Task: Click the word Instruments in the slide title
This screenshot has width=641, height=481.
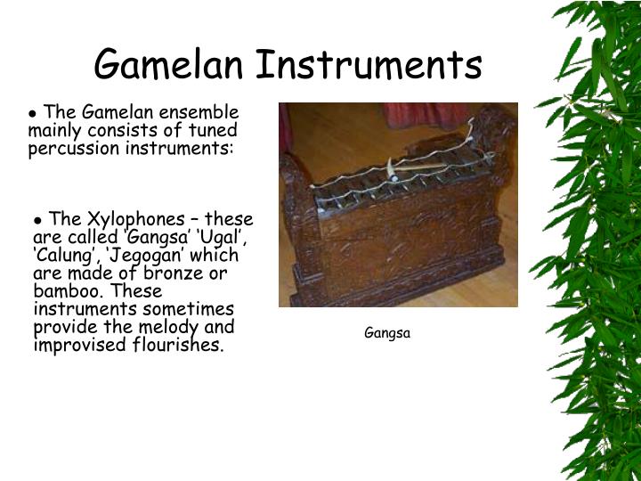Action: tap(369, 65)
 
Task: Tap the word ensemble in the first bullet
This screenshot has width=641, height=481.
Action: tap(207, 112)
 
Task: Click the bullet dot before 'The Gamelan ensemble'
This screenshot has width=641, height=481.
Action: tap(34, 113)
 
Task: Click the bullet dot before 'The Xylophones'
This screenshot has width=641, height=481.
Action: tap(39, 220)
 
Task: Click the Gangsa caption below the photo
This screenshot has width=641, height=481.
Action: tap(387, 334)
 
